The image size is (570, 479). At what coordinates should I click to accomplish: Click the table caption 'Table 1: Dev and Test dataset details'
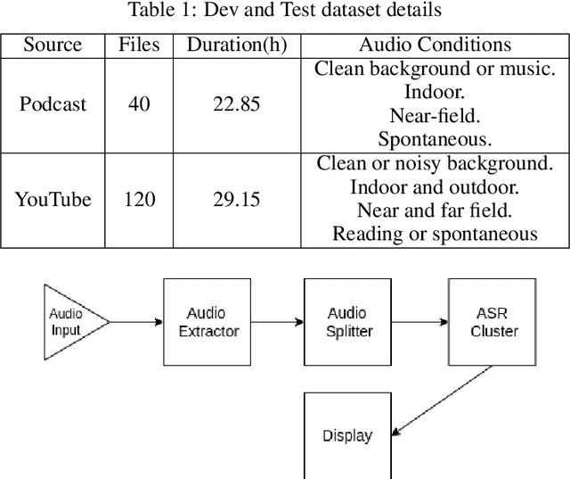(285, 11)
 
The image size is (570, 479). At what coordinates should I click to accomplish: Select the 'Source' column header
(53, 45)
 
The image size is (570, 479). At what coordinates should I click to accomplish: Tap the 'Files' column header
(138, 45)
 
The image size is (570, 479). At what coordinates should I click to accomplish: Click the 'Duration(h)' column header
(236, 45)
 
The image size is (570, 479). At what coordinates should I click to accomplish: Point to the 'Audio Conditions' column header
(435, 45)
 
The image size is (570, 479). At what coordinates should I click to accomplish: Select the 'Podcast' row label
(53, 104)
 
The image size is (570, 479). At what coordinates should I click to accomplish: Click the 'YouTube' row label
(53, 199)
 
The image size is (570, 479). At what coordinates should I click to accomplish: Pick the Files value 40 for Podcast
(138, 104)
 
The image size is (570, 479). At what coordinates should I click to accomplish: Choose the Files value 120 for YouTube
(138, 199)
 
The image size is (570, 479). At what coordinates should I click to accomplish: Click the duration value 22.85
(236, 104)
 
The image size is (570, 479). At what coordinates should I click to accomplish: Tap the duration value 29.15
(236, 199)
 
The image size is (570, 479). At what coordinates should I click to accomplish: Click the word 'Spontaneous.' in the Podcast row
(435, 139)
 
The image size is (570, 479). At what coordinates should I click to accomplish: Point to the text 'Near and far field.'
(435, 211)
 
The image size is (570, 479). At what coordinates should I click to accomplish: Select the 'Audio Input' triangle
(69, 322)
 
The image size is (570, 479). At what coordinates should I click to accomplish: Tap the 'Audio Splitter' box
(348, 322)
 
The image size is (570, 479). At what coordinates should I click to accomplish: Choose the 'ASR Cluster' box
(492, 322)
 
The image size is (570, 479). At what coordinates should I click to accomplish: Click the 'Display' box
(347, 435)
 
